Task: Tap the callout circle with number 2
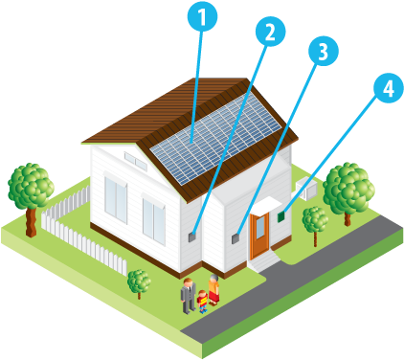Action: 270,33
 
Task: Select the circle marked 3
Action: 323,52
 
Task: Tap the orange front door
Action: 259,236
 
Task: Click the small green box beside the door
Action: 281,217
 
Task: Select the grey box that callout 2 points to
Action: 192,233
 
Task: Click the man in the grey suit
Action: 189,293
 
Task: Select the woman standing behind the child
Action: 213,289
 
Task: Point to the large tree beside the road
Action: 347,189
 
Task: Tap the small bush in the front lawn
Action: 140,281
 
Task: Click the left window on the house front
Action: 116,200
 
